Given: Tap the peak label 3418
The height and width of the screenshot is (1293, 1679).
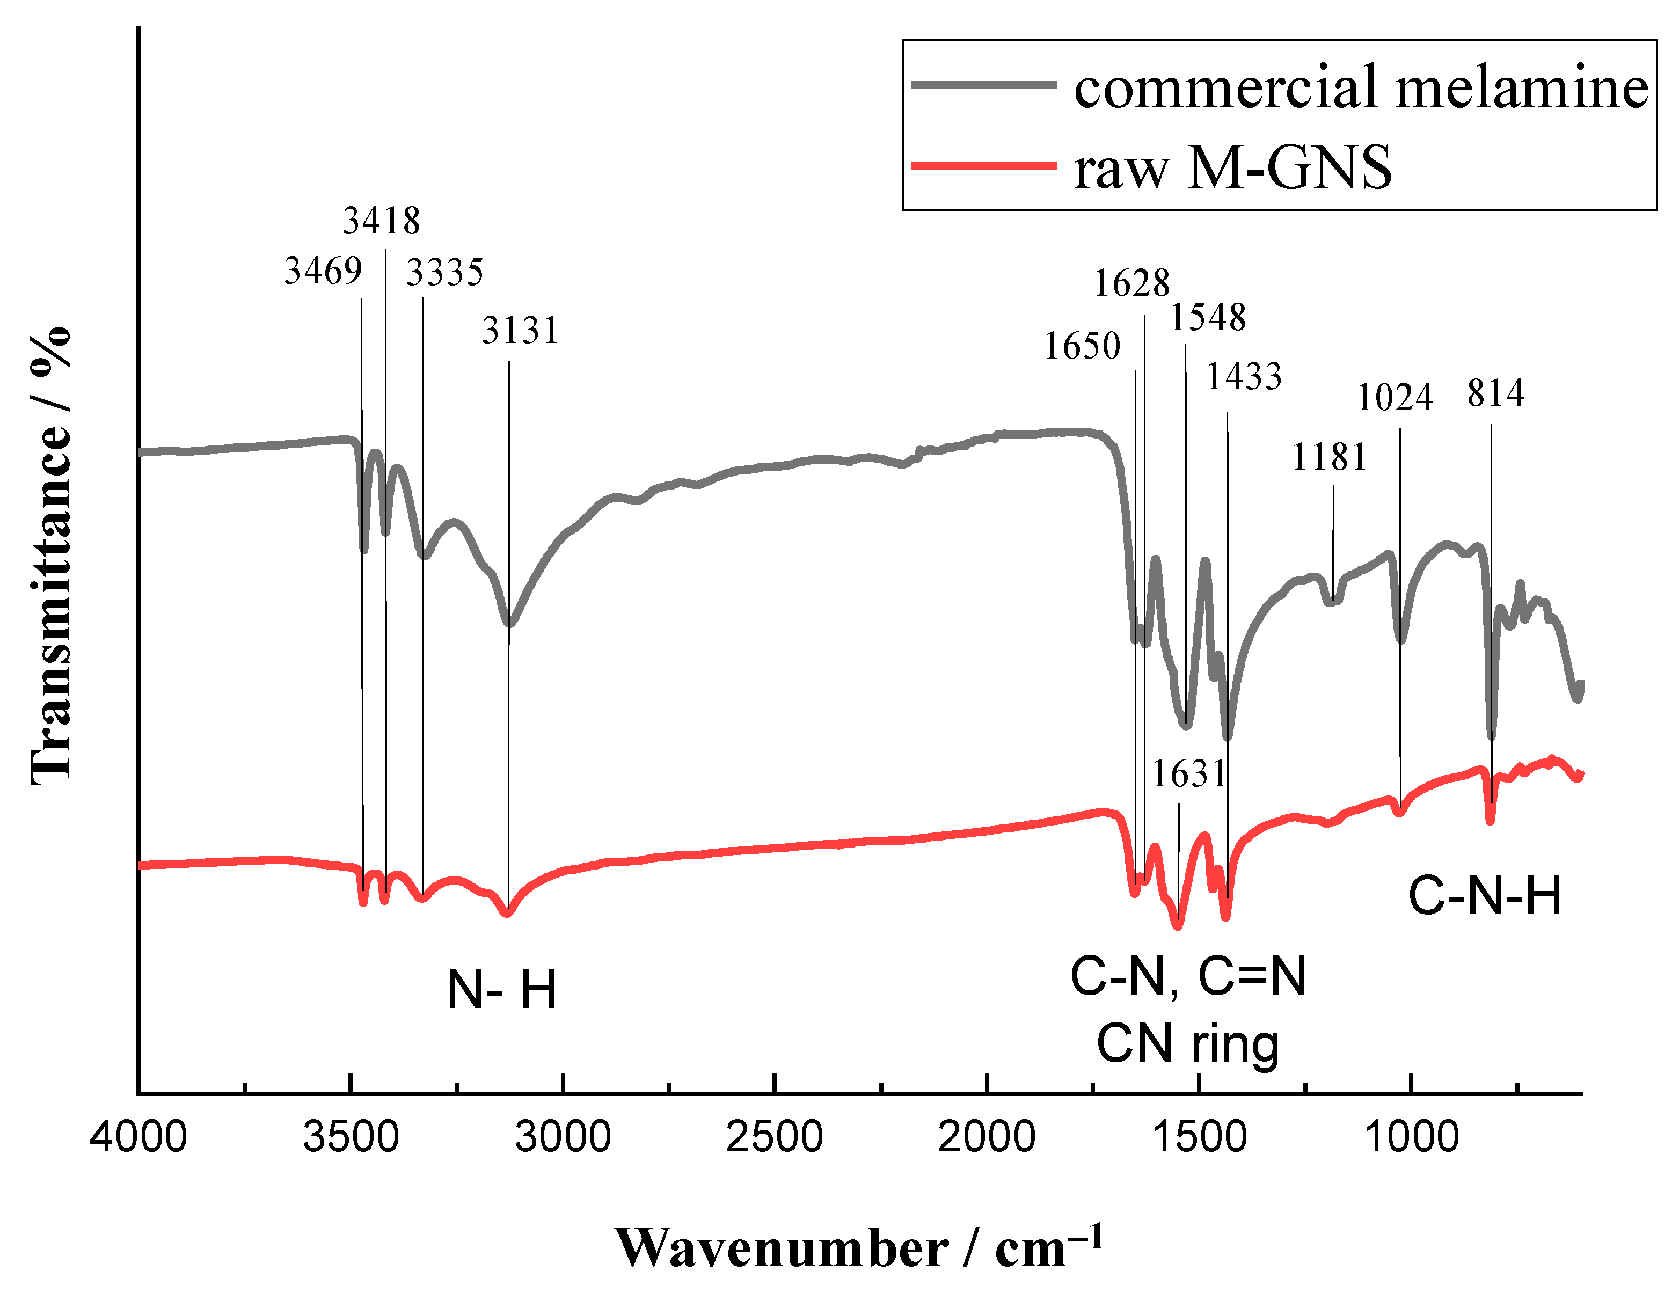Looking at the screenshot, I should pyautogui.click(x=381, y=221).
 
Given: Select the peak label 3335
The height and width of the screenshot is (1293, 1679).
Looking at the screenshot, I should pyautogui.click(x=445, y=272).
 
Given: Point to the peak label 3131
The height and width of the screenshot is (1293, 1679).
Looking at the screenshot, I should pyautogui.click(x=521, y=331).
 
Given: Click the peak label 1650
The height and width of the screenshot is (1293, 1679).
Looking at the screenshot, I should pyautogui.click(x=1083, y=347).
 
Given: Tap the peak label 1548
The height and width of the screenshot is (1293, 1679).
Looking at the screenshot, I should pyautogui.click(x=1208, y=318).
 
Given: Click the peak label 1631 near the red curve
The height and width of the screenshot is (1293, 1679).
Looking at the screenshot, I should pyautogui.click(x=1189, y=774).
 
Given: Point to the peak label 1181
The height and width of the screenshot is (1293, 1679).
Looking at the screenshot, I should pyautogui.click(x=1329, y=457).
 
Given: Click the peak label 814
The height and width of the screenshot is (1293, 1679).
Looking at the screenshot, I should pyautogui.click(x=1495, y=393).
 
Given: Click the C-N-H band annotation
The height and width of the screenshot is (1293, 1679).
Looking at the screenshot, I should pyautogui.click(x=1485, y=896).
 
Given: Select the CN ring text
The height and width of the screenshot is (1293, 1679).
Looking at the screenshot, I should pyautogui.click(x=1188, y=1044).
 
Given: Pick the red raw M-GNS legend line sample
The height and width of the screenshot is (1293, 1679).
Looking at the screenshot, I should pyautogui.click(x=984, y=165).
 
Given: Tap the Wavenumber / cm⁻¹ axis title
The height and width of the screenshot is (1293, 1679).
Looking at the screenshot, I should pyautogui.click(x=859, y=1247).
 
